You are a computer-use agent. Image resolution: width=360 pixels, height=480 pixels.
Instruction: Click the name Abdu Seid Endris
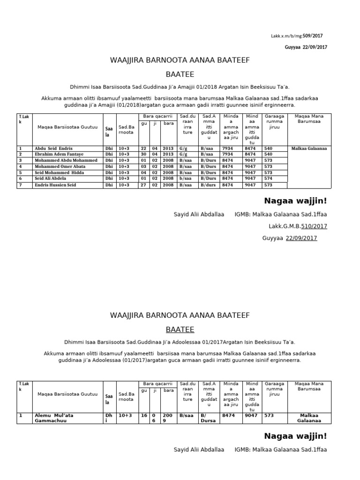[x=53, y=148]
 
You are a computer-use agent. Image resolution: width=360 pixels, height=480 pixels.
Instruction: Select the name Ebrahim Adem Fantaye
[x=59, y=154]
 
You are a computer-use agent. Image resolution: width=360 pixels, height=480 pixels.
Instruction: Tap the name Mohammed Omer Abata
[x=60, y=166]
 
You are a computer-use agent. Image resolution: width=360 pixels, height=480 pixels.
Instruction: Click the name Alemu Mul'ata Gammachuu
[x=53, y=418]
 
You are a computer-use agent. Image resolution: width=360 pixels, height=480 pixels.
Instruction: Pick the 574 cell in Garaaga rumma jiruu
[x=268, y=179]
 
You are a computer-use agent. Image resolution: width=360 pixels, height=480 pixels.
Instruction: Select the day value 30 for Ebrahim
[x=143, y=154]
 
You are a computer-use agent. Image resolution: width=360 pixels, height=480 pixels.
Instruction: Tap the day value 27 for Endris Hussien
[x=143, y=185]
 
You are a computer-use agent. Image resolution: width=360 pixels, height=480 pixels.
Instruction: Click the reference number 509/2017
[x=313, y=36]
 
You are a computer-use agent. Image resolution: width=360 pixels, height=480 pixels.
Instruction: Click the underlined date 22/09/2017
[x=301, y=238]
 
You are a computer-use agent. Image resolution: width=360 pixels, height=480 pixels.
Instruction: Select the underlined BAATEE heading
[x=180, y=330]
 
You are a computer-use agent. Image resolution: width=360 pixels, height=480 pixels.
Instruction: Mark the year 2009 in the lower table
[x=167, y=418]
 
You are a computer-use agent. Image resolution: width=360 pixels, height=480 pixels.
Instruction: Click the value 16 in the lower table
[x=143, y=415]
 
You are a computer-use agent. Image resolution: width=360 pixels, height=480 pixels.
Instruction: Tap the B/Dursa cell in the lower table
[x=208, y=418]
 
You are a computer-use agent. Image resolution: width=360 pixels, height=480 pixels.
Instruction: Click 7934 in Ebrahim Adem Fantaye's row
[x=227, y=154]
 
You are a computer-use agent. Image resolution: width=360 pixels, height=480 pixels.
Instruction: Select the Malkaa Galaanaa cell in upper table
[x=309, y=148]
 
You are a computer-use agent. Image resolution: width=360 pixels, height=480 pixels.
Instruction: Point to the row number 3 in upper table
[x=21, y=160]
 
